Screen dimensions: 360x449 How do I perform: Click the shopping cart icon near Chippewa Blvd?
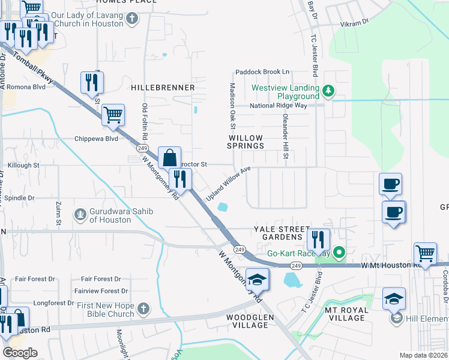[x=113, y=115]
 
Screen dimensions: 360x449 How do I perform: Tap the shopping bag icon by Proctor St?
[x=169, y=157]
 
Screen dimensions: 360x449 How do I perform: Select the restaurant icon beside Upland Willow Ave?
[x=180, y=178]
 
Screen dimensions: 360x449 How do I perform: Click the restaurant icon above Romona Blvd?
[x=92, y=82]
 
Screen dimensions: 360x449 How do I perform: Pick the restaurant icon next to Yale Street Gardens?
[x=318, y=239]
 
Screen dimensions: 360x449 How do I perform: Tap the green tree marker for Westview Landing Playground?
[x=328, y=91]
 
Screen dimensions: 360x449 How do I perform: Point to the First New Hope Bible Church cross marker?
[x=143, y=309]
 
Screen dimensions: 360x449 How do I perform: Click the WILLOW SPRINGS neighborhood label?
[x=246, y=142]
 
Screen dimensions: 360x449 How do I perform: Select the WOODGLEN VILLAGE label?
[x=247, y=321]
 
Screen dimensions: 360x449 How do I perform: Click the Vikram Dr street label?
[x=355, y=22]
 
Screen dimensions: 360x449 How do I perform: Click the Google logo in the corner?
[x=20, y=353]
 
